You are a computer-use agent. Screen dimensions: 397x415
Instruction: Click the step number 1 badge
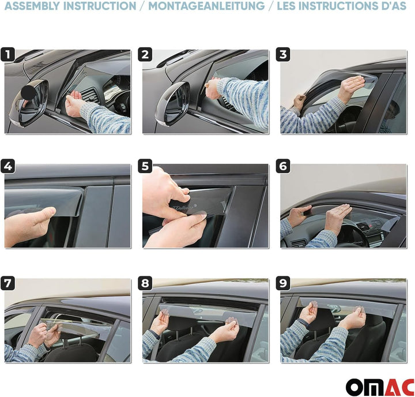[7, 55]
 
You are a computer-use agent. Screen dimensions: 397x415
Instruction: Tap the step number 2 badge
[145, 55]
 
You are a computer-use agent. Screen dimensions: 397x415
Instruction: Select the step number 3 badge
[283, 55]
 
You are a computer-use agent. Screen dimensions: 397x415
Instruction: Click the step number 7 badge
[7, 284]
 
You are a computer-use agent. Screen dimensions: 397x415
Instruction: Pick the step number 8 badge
[145, 284]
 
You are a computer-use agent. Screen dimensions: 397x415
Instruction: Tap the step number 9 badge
[283, 284]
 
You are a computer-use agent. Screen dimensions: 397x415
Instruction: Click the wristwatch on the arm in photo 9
[304, 328]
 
